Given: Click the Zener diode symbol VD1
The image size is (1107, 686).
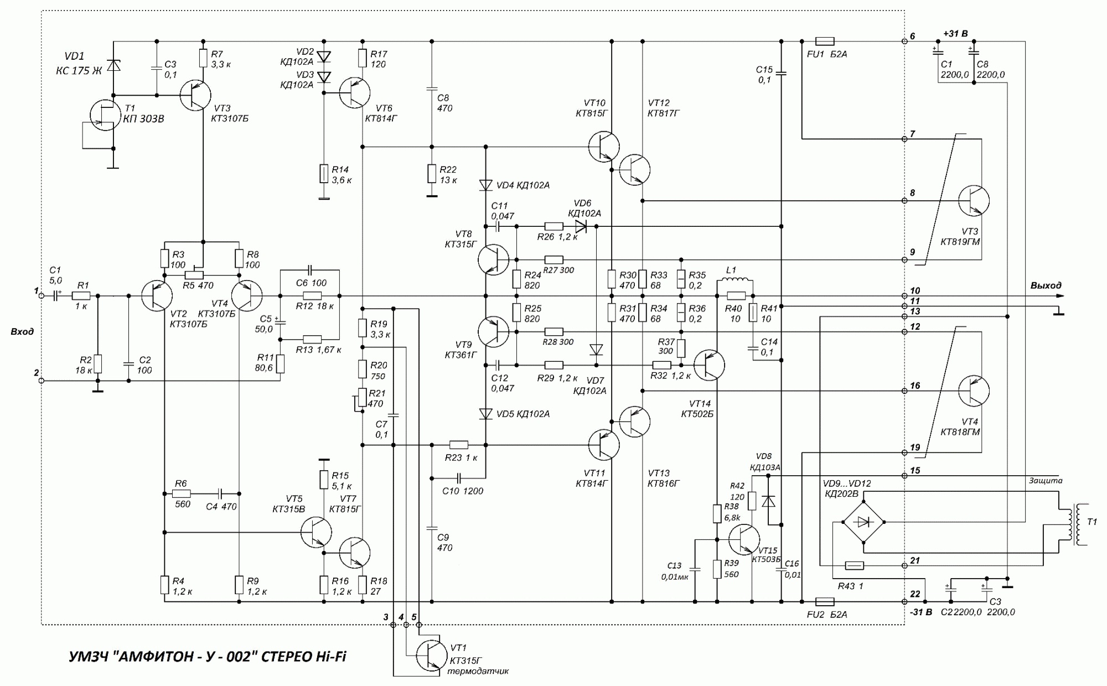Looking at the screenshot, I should coord(113,66).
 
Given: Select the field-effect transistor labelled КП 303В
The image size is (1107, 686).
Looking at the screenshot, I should coord(104,115).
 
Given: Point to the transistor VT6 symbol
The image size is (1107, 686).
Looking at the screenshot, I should coord(354,93).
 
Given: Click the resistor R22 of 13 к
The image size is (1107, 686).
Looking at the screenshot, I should coord(432,173).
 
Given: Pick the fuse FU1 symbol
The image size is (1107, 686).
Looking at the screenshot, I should coord(825,41).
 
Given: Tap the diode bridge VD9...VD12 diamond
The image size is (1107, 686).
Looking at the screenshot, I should coord(863,522).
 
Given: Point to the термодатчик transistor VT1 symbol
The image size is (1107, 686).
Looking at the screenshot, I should coord(432,655).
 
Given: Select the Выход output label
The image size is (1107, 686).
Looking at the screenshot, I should coord(1046,285).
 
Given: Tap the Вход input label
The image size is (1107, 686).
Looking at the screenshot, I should coord(22,331).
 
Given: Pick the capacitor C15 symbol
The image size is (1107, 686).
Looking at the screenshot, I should coord(781,73).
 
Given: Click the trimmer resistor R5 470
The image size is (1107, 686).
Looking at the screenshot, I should coord(193,275).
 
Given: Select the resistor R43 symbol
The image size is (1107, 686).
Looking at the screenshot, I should coord(855,565).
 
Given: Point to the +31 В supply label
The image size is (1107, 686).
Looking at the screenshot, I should coord(955,34).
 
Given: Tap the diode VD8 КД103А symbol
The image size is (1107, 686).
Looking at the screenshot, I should coord(768,501).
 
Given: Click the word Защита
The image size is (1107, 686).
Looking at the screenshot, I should coord(1046,481).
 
